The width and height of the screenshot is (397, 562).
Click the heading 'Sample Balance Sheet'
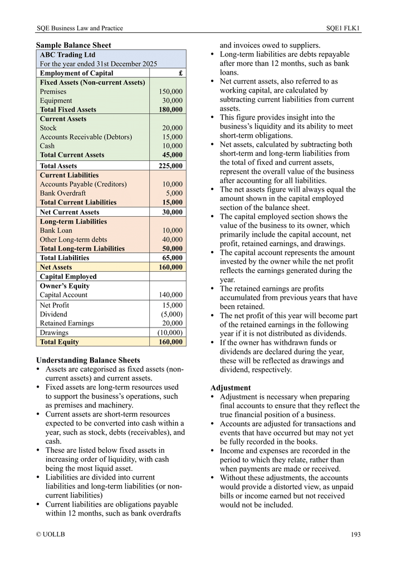[73, 45]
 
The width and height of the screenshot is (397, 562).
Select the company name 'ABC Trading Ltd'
[67, 55]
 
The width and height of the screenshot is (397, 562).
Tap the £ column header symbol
[180, 73]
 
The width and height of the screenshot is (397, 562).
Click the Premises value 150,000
[170, 91]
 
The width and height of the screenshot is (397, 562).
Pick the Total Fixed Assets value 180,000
[170, 110]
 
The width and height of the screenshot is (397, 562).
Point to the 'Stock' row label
[48, 128]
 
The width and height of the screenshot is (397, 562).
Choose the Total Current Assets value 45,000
[172, 155]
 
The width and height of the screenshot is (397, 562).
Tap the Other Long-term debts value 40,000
[172, 240]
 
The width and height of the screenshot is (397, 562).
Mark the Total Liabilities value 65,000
[172, 258]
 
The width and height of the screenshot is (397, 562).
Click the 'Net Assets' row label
[56, 267]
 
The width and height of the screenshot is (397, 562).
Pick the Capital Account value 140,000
[170, 295]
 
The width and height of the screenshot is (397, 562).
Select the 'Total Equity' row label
[59, 341]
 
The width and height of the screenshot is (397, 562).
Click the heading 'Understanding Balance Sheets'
[88, 360]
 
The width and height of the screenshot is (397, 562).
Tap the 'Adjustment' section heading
[231, 388]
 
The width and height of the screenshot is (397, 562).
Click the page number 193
[356, 534]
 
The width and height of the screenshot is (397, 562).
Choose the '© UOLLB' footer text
[50, 534]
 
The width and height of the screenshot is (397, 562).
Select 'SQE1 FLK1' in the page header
[343, 28]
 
